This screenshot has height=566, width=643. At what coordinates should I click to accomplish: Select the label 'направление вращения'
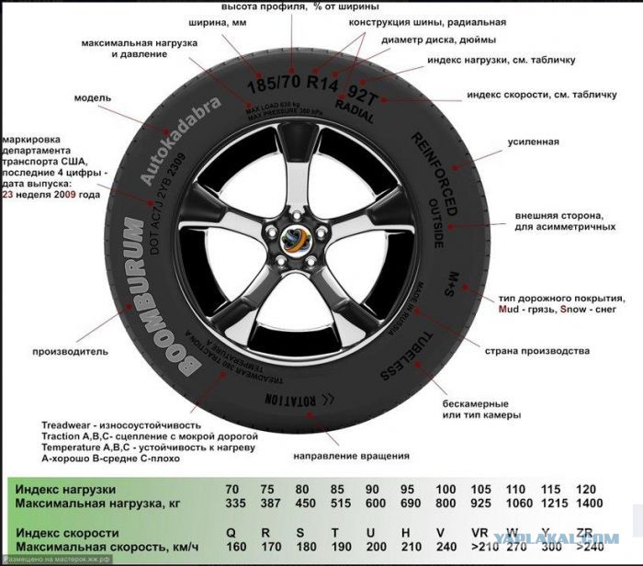tap(351, 456)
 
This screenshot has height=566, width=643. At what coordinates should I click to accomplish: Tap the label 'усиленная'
tap(534, 142)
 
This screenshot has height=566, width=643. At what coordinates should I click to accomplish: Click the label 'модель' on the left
tap(93, 96)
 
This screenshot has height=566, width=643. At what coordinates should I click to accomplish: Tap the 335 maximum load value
tap(239, 504)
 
